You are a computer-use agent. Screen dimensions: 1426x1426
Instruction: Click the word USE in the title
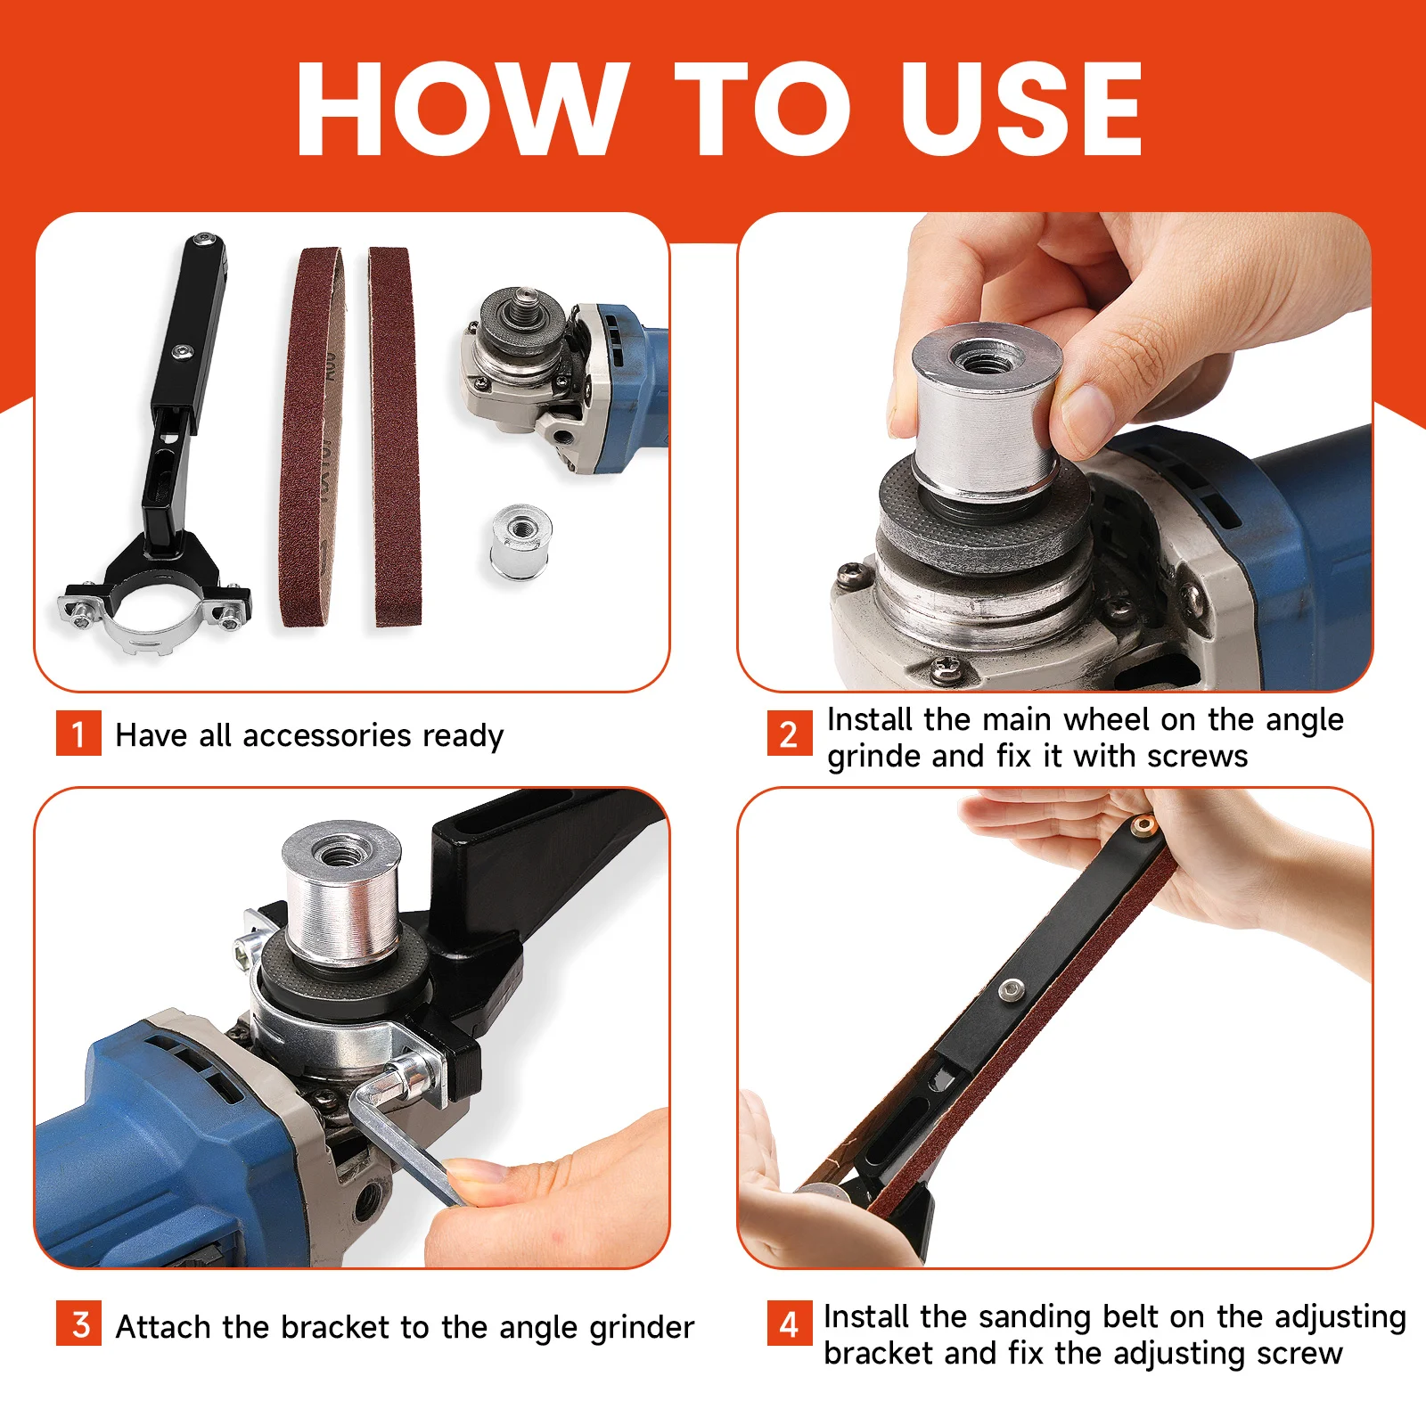[x=1020, y=110]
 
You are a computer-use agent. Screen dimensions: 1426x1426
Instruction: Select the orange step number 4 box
[x=789, y=1324]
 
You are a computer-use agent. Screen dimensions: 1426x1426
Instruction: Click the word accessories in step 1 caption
[x=326, y=736]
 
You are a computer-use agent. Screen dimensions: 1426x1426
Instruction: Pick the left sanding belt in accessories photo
[x=312, y=437]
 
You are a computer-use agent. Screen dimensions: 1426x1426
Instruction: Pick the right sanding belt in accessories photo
[x=393, y=437]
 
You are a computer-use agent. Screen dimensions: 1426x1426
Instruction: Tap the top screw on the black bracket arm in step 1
[x=207, y=241]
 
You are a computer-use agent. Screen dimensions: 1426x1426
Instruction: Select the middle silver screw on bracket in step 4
[x=1011, y=989]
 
